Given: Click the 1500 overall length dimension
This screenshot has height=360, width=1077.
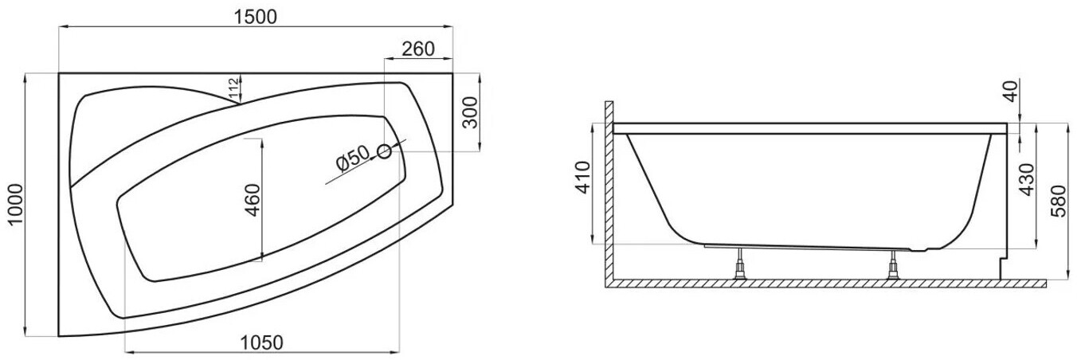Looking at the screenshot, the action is click(255, 17).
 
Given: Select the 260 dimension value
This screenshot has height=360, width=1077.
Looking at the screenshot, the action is click(418, 49).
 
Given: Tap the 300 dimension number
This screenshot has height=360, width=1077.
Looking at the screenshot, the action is click(470, 112).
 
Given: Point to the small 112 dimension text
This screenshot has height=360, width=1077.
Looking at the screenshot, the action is click(233, 89).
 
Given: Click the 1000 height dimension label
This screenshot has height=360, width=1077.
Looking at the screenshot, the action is click(15, 204).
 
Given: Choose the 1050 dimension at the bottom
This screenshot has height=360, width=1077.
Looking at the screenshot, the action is click(261, 342).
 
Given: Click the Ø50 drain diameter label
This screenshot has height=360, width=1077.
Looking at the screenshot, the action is click(354, 158).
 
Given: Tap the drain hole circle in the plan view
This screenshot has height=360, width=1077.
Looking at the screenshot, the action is click(384, 152).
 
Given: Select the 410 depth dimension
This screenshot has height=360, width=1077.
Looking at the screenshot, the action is click(583, 178).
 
